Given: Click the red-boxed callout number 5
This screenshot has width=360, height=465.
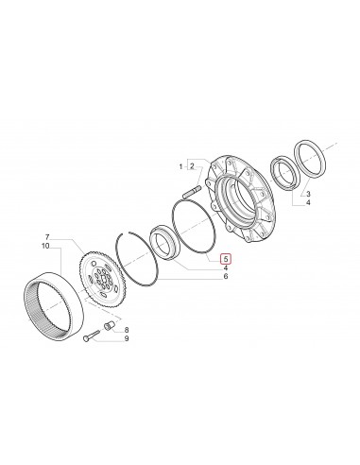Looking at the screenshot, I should [224, 257].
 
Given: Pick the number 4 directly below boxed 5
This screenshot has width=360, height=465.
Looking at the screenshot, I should [224, 269].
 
